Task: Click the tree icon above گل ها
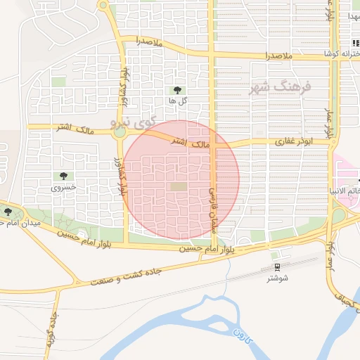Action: click(176, 90)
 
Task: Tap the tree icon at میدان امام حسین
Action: click(8, 211)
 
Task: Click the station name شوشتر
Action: click(278, 278)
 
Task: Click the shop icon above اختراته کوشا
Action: click(355, 43)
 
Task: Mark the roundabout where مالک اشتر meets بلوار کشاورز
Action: click(120, 131)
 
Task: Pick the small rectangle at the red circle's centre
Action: click(179, 186)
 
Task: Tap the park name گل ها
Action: click(176, 101)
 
